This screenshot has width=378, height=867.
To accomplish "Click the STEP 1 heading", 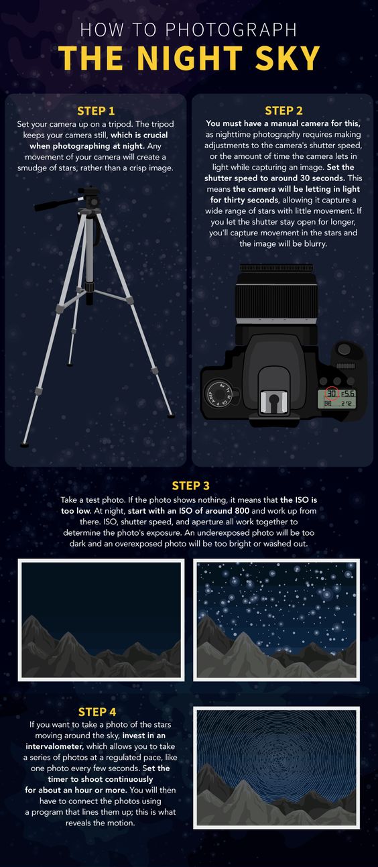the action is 96,111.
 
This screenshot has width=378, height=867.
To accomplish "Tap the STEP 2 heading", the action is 283,111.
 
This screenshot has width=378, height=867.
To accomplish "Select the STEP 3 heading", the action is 190,485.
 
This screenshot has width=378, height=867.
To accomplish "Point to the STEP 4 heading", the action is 97,712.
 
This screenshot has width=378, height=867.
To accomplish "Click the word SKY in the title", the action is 287,58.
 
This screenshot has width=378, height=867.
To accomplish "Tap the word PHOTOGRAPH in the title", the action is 231,30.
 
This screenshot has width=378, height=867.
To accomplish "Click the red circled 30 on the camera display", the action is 332,394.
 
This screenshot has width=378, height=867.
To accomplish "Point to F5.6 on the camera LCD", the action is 348,394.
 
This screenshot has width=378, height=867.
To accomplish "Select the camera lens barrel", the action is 276,294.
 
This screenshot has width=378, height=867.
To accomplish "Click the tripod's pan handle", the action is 59,203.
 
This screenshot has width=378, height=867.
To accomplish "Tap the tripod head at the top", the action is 89,198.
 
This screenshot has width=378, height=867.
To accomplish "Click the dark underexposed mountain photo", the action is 101,620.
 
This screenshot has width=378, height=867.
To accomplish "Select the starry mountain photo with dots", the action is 276,620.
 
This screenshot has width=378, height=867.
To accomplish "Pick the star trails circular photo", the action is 276,768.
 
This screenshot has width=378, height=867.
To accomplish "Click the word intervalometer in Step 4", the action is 54,746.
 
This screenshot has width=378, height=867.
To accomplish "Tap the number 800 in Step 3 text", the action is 242,511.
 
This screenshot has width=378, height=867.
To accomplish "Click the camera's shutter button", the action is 344,349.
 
